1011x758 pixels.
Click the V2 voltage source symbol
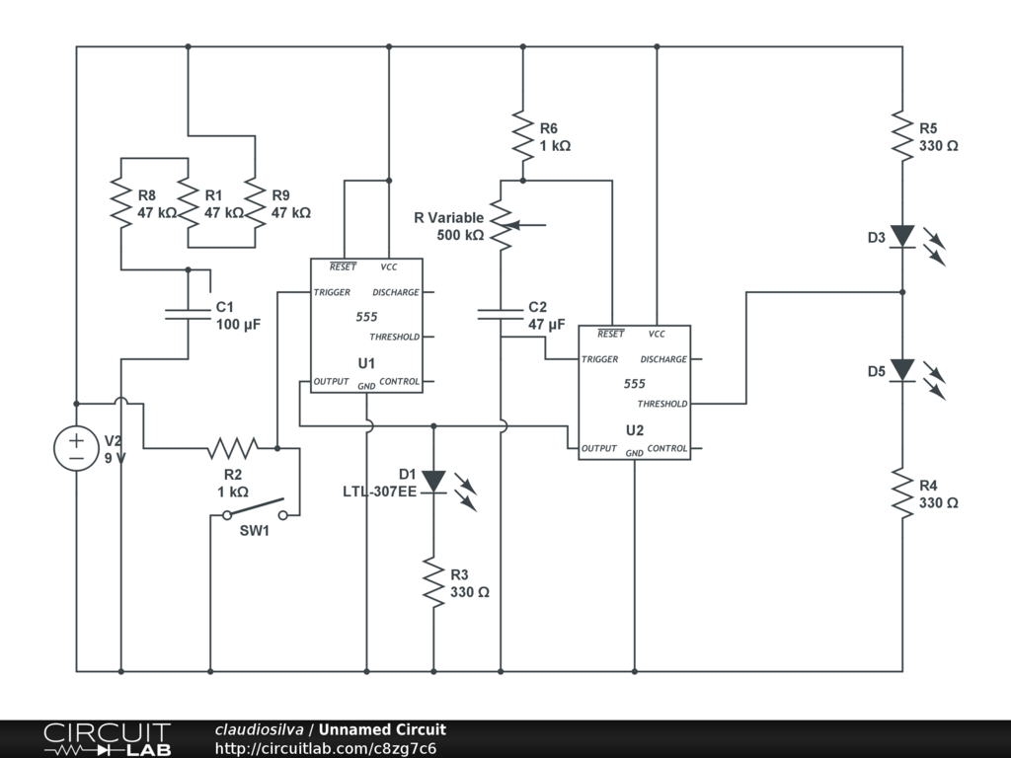click(x=76, y=448)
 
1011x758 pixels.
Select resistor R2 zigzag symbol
click(x=233, y=448)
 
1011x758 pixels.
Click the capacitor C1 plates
click(x=188, y=314)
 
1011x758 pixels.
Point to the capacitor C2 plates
click(x=501, y=314)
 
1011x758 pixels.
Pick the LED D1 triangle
click(x=433, y=483)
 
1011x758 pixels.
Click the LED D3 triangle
click(x=902, y=236)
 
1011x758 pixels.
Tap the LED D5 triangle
click(x=902, y=370)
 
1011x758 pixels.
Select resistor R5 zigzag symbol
click(x=902, y=135)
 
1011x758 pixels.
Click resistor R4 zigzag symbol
click(x=902, y=493)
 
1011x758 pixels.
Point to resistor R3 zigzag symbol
click(x=433, y=582)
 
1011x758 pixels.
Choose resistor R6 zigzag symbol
click(x=522, y=135)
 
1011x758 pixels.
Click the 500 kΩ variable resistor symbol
click(x=502, y=226)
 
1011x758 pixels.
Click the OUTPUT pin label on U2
click(x=598, y=449)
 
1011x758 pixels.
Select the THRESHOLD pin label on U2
click(x=662, y=404)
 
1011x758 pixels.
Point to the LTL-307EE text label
click(x=380, y=491)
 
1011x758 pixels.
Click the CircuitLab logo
click(x=107, y=739)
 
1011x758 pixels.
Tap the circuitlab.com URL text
click(x=326, y=748)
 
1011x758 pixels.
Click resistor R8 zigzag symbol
click(x=120, y=202)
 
